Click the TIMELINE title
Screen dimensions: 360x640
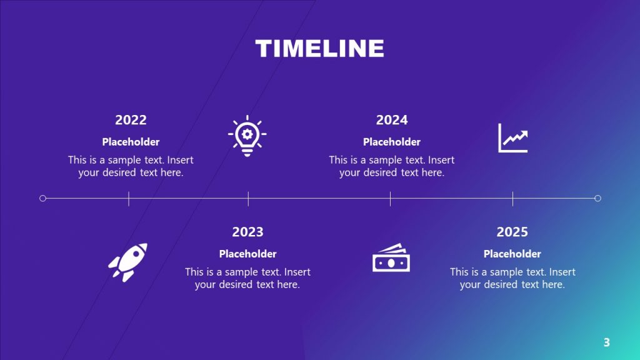click(x=319, y=49)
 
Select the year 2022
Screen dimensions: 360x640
click(x=131, y=120)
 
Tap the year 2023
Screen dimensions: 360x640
click(x=247, y=232)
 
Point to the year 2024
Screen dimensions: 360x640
click(x=392, y=120)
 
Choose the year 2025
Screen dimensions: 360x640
click(x=512, y=232)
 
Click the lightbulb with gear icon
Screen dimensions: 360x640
click(x=247, y=136)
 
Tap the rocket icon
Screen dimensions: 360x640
click(x=128, y=261)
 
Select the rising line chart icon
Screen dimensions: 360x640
click(x=512, y=137)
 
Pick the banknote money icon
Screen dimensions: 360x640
click(x=391, y=258)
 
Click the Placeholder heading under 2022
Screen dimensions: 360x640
click(x=131, y=142)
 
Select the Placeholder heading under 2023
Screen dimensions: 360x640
click(x=247, y=254)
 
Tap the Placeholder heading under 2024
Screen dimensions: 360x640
click(x=392, y=142)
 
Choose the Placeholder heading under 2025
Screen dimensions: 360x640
click(x=512, y=254)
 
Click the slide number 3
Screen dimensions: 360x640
click(x=606, y=342)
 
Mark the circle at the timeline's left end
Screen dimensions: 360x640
click(x=42, y=198)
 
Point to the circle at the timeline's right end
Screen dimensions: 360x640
click(x=597, y=198)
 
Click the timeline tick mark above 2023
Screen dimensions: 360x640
click(x=248, y=199)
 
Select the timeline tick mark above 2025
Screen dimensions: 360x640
click(x=512, y=199)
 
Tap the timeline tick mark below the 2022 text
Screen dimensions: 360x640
click(x=129, y=199)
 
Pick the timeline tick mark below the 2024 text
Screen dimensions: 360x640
click(x=390, y=199)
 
